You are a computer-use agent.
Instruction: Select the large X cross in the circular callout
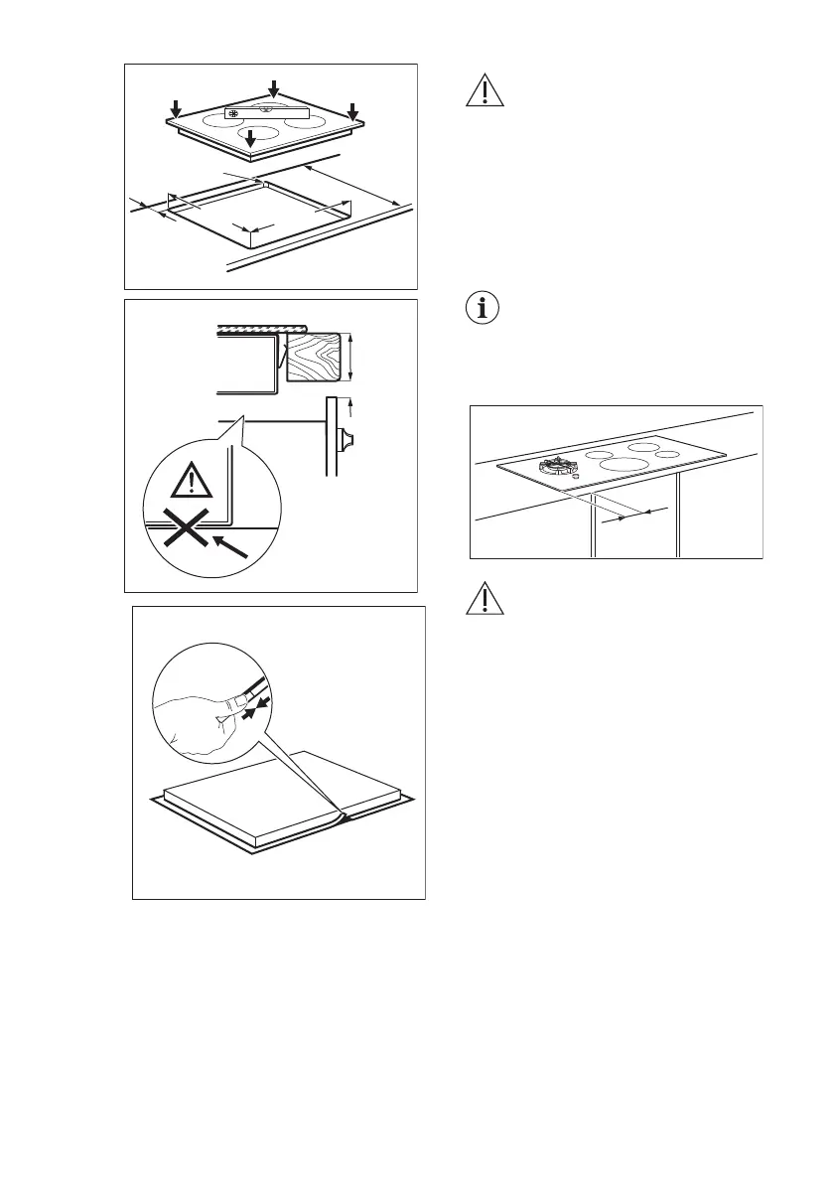[181, 527]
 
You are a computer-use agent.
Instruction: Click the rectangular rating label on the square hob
[267, 114]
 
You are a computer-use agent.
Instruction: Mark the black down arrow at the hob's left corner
[176, 107]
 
